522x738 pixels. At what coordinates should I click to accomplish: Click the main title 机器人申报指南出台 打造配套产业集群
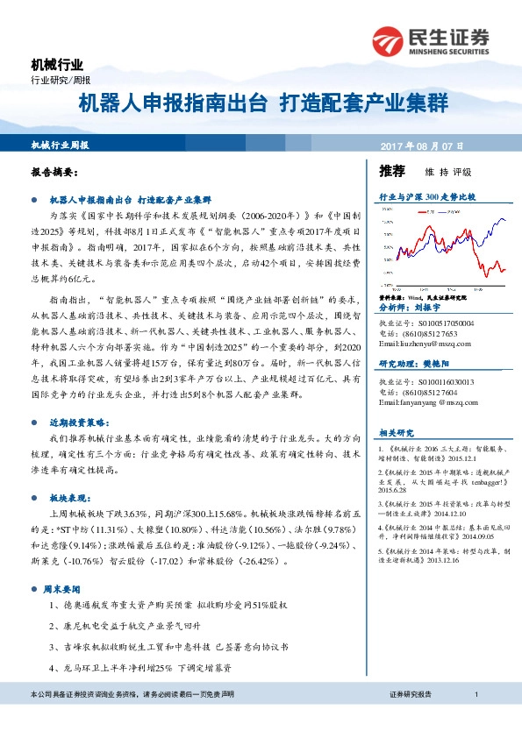tap(262, 103)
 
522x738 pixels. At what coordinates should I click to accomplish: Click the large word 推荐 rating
tap(392, 171)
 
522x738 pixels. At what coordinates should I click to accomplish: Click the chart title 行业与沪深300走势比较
tap(426, 198)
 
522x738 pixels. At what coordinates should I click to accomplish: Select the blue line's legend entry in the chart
tap(450, 210)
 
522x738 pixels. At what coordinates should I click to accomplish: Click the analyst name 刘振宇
tap(433, 309)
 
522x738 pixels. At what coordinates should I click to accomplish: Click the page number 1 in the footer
tap(475, 719)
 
